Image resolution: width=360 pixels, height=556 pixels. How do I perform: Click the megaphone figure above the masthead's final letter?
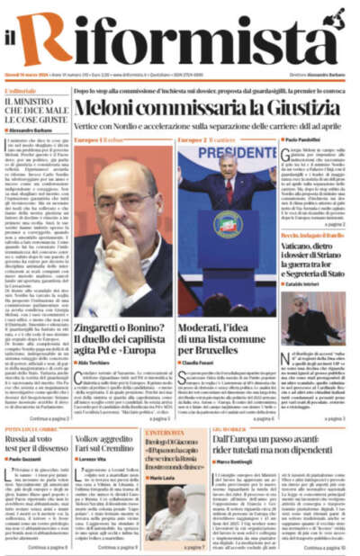(x=337, y=17)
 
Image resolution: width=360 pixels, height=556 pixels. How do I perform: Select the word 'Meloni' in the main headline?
(x=107, y=107)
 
